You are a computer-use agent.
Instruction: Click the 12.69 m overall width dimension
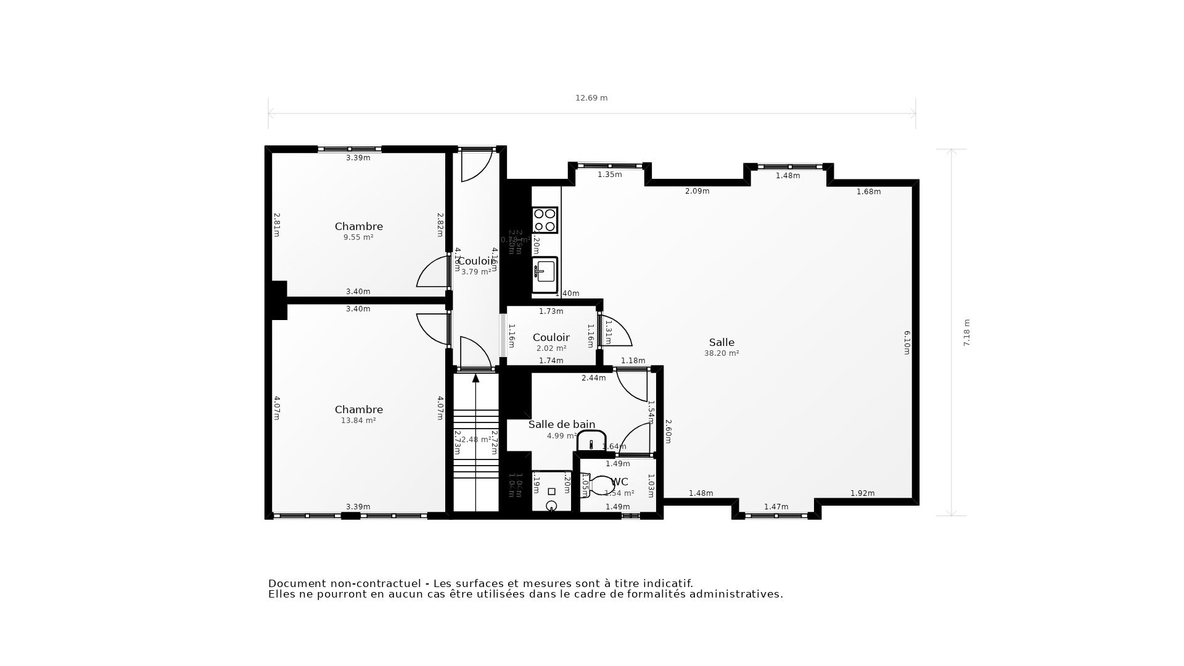pyautogui.click(x=591, y=98)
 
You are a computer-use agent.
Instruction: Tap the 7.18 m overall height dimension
pyautogui.click(x=967, y=332)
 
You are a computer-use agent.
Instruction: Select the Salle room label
pyautogui.click(x=721, y=342)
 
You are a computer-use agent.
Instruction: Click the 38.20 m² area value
pyautogui.click(x=721, y=353)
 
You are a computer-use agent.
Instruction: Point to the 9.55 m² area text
pyautogui.click(x=358, y=237)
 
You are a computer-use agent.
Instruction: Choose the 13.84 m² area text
pyautogui.click(x=358, y=421)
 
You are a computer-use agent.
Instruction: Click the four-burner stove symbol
pyautogui.click(x=545, y=220)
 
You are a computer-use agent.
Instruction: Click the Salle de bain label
pyautogui.click(x=562, y=424)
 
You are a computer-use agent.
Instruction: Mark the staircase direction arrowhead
pyautogui.click(x=475, y=377)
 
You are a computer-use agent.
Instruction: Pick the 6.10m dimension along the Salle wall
pyautogui.click(x=907, y=342)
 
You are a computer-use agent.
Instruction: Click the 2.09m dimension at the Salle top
pyautogui.click(x=697, y=191)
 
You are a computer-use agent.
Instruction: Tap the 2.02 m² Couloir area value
pyautogui.click(x=551, y=348)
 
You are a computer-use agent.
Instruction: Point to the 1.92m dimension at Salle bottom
pyautogui.click(x=862, y=493)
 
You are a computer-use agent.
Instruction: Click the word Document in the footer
pyautogui.click(x=297, y=583)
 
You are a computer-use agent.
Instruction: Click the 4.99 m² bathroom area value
pyautogui.click(x=561, y=436)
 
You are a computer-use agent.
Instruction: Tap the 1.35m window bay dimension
pyautogui.click(x=609, y=175)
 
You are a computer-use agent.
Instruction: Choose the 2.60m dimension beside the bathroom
pyautogui.click(x=668, y=431)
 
